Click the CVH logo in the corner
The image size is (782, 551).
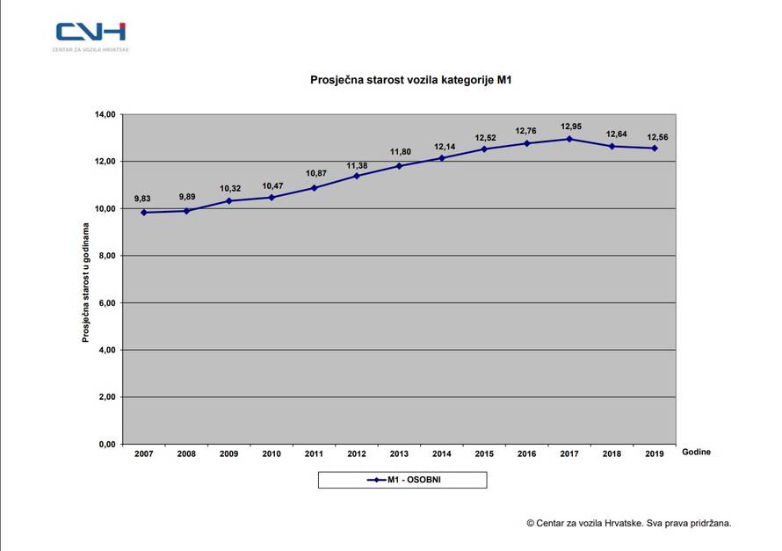pyautogui.click(x=91, y=33)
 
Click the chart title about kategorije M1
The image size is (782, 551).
pyautogui.click(x=410, y=80)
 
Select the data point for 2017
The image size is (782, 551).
pyautogui.click(x=569, y=139)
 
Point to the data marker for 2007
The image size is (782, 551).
pyautogui.click(x=143, y=212)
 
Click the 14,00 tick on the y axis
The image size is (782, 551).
pyautogui.click(x=105, y=114)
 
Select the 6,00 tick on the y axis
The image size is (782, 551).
pyautogui.click(x=106, y=303)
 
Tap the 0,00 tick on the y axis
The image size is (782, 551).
pyautogui.click(x=106, y=445)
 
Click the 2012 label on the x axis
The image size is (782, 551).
pyautogui.click(x=356, y=453)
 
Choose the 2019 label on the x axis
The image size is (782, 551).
pyautogui.click(x=654, y=453)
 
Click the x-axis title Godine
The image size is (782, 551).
pyautogui.click(x=696, y=452)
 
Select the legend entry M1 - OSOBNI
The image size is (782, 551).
pyautogui.click(x=402, y=480)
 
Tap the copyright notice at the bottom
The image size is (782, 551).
pyautogui.click(x=628, y=522)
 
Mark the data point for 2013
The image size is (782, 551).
pyautogui.click(x=399, y=166)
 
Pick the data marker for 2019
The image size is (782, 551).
pyautogui.click(x=655, y=149)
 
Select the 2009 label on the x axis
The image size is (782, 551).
pyautogui.click(x=228, y=453)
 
